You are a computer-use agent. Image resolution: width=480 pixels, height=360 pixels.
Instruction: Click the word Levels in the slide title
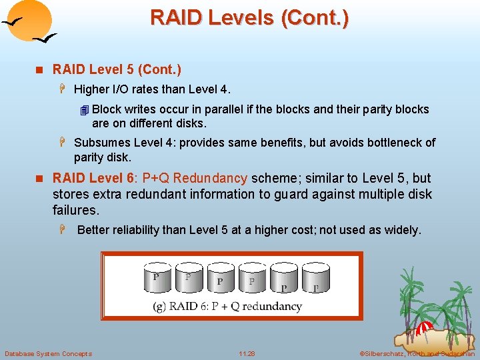(238, 17)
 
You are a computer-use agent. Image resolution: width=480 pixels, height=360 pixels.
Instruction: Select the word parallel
(225, 109)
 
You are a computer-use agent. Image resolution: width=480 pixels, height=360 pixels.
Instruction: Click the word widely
(402, 230)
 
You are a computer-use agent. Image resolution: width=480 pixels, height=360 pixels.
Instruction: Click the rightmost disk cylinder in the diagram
(316, 279)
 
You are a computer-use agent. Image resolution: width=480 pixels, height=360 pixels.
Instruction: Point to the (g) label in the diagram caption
(159, 307)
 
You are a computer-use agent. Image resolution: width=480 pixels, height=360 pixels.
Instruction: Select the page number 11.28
(247, 353)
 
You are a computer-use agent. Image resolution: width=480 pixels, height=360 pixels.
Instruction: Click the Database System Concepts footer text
(48, 353)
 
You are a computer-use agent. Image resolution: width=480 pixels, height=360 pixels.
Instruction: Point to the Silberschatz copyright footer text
(417, 353)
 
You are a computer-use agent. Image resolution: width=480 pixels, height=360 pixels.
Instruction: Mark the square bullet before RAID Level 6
(39, 179)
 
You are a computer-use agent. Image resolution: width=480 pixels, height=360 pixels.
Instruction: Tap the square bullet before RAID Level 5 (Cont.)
(39, 69)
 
